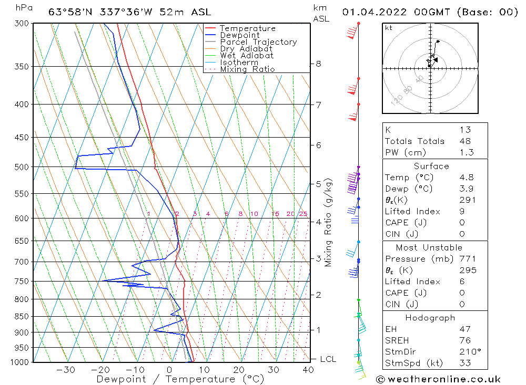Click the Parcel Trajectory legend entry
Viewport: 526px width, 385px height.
pos(258,42)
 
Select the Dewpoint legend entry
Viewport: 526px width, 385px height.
pos(239,35)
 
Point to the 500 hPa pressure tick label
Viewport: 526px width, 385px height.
pos(22,167)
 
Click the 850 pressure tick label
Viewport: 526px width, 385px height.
pos(22,316)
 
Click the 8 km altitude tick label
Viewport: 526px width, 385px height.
pos(318,64)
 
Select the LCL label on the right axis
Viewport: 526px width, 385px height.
pos(328,359)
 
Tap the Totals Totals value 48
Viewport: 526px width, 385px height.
pos(464,141)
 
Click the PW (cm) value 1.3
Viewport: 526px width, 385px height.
pos(466,152)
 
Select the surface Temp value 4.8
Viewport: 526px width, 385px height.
pos(466,178)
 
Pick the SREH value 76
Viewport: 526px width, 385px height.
pos(464,340)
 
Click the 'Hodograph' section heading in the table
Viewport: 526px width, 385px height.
pos(430,318)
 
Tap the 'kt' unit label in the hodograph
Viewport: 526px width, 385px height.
pos(389,28)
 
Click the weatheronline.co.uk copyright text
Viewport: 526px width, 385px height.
pos(438,379)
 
